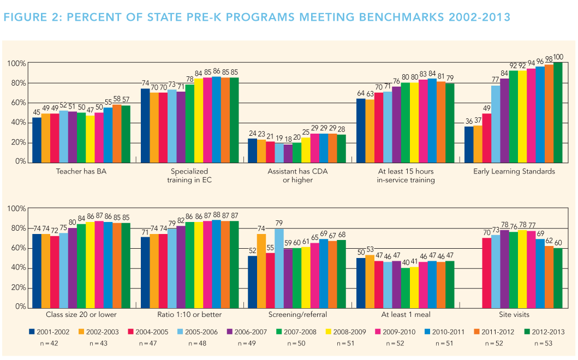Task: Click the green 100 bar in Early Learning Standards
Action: (x=558, y=112)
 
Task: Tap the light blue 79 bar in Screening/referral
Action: (x=278, y=268)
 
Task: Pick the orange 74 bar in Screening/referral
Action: (x=261, y=271)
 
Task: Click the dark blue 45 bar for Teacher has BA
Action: (x=37, y=140)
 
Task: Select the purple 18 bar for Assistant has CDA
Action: (x=288, y=153)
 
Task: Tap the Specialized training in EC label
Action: (x=189, y=176)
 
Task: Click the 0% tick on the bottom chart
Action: (x=20, y=307)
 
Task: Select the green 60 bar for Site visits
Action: (x=558, y=278)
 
